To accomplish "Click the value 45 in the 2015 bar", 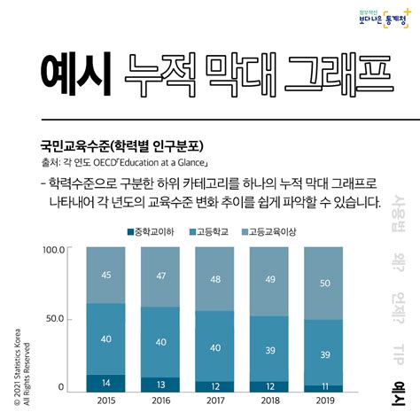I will (x=105, y=275).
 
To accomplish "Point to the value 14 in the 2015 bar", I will (x=105, y=383).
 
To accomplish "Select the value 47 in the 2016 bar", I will (x=161, y=276).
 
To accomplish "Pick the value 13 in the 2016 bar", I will (x=161, y=385).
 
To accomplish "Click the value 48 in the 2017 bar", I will (x=216, y=280).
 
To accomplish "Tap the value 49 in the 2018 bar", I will (x=270, y=281).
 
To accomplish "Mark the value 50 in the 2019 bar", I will (x=325, y=284).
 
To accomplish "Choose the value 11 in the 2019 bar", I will (x=325, y=387).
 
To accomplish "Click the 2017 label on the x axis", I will (x=216, y=401).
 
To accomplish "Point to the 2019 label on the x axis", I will (x=325, y=401).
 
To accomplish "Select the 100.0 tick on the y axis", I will (x=55, y=250).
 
